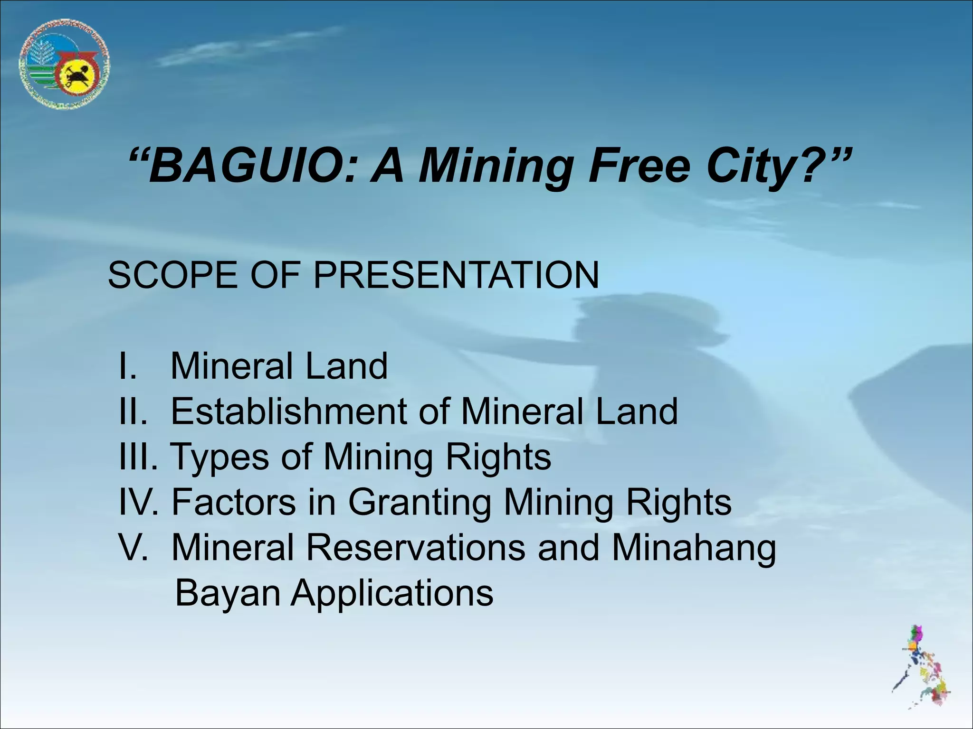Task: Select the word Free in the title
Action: click(x=639, y=167)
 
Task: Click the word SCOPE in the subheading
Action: click(x=173, y=275)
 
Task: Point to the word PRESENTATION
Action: click(x=456, y=275)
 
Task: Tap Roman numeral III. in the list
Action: click(x=138, y=457)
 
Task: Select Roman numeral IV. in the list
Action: click(x=138, y=502)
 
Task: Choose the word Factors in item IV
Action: click(x=233, y=502)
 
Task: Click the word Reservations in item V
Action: click(x=415, y=547)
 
